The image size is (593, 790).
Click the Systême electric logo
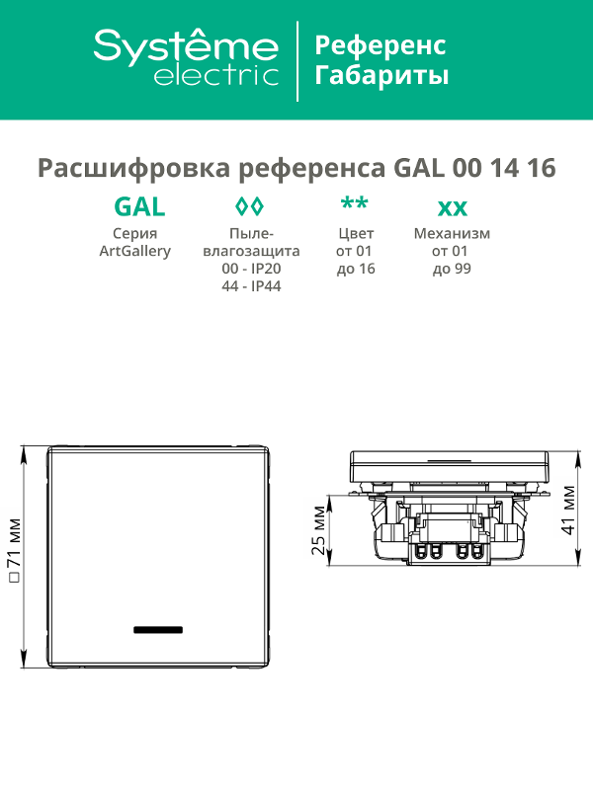(186, 57)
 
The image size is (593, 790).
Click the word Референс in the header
(381, 45)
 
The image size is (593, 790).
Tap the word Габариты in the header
(381, 76)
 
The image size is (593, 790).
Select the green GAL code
(139, 206)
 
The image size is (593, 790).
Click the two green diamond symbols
(250, 206)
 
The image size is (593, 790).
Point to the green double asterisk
(355, 203)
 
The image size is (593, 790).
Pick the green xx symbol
(453, 208)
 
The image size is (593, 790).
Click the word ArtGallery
(135, 251)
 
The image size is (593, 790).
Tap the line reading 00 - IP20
(251, 269)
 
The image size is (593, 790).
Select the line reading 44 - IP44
(251, 286)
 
